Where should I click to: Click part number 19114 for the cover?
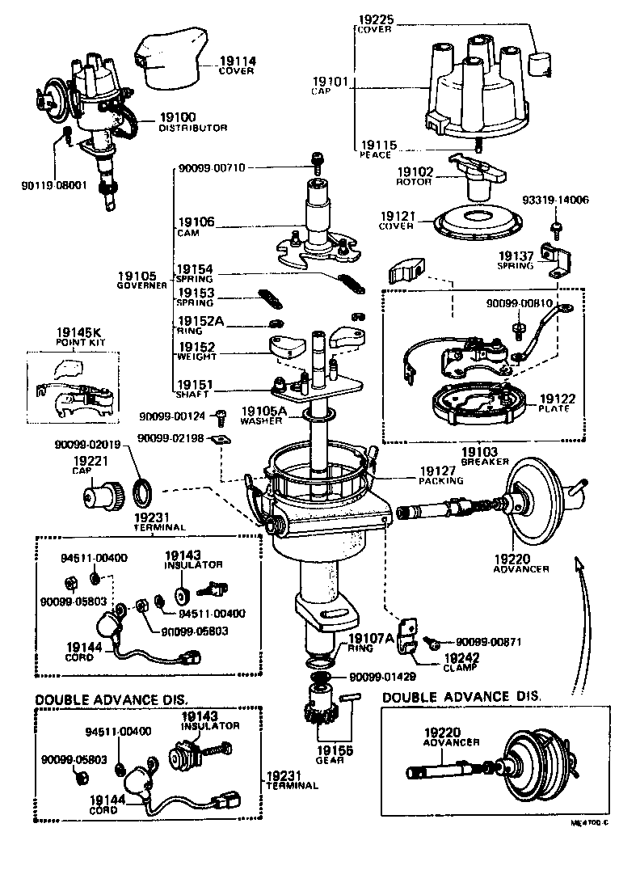tap(235, 61)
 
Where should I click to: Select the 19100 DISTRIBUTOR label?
tap(192, 121)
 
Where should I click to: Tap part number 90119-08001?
tap(53, 184)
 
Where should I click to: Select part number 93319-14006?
tap(554, 200)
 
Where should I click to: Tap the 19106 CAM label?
tap(195, 226)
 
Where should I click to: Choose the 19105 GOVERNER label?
tap(141, 281)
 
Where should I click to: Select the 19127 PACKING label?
tap(440, 475)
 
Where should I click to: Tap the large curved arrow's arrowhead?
tap(577, 563)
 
